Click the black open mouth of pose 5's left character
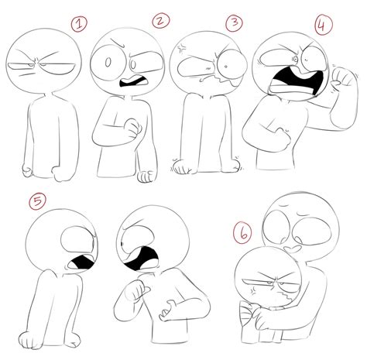click(x=78, y=266)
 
